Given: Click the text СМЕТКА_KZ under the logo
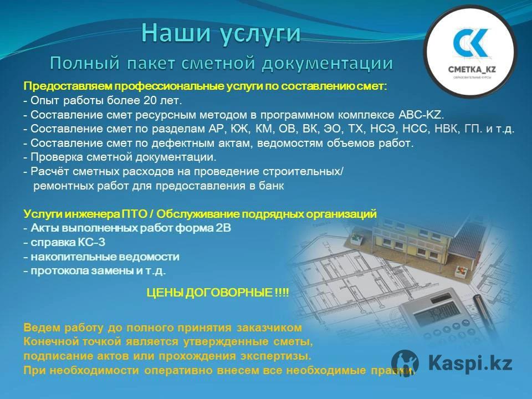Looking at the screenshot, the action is coord(472,70).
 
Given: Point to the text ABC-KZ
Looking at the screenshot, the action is coord(421,115).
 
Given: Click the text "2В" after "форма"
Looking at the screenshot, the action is coord(223,228).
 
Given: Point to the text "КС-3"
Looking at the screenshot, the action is coord(91,242).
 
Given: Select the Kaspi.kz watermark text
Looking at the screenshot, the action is coord(470,362).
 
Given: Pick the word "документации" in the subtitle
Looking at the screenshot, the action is coord(327,63).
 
